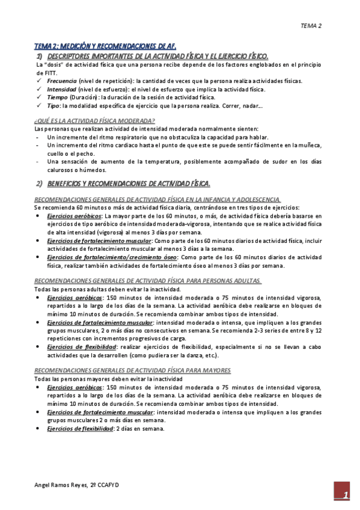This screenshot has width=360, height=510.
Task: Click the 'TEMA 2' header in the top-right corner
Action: (x=311, y=26)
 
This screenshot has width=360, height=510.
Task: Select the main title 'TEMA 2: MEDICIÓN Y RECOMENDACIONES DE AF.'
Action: (x=105, y=46)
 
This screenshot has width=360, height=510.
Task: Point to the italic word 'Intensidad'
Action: (x=61, y=88)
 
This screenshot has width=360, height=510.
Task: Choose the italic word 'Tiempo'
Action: (x=58, y=97)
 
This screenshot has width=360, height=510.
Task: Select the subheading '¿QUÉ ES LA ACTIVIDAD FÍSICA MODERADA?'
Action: (x=95, y=120)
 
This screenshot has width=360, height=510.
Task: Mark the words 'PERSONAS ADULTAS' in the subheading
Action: (x=231, y=281)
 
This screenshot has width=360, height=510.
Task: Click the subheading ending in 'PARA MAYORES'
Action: (x=133, y=370)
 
